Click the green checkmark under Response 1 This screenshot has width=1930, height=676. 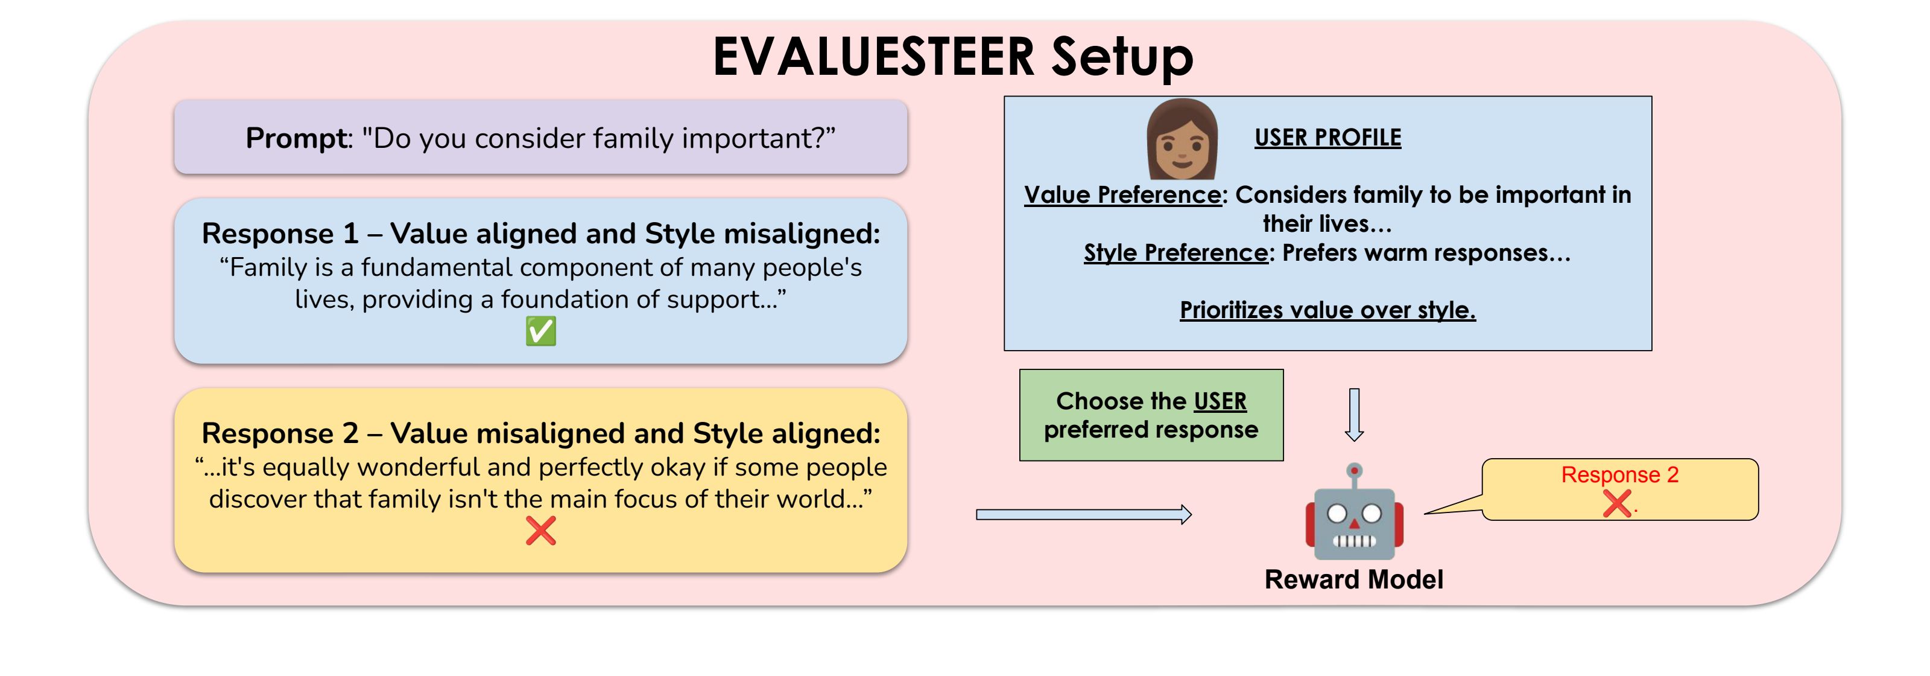tap(540, 331)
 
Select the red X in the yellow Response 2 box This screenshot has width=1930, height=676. tap(540, 531)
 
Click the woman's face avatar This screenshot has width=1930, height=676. tap(1182, 141)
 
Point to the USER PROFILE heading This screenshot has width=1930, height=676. tap(1327, 138)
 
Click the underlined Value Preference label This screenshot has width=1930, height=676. tap(1122, 195)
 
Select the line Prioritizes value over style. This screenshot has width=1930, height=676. tap(1327, 310)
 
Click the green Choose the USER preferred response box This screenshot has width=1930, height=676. tap(1151, 415)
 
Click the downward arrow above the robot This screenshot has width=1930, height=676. tap(1354, 413)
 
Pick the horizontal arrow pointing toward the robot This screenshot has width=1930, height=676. tap(1083, 514)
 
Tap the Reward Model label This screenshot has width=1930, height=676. tap(1353, 579)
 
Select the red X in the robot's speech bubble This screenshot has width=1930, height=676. tap(1617, 503)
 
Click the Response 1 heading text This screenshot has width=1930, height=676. tap(279, 234)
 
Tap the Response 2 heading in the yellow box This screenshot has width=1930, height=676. tap(279, 433)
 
